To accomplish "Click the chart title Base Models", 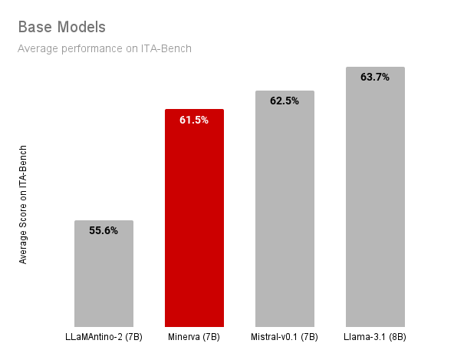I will (61, 27).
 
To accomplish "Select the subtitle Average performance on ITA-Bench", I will (104, 48).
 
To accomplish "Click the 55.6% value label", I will (104, 230).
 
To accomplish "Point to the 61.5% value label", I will (194, 120).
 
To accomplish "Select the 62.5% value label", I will (285, 101).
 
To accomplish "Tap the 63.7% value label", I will (375, 77).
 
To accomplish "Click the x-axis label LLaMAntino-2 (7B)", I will (104, 337).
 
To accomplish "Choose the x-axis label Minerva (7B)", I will (194, 337).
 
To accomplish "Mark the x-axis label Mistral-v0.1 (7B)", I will (285, 337).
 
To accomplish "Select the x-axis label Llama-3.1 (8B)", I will (375, 337).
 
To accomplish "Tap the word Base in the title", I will (34, 27).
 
